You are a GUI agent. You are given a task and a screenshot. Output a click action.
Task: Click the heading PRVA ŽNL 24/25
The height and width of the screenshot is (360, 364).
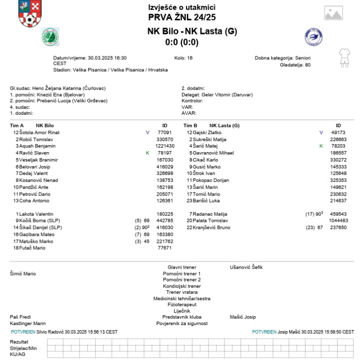(x=182, y=17)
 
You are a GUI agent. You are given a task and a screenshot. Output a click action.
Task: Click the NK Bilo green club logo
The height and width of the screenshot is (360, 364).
(x=50, y=36)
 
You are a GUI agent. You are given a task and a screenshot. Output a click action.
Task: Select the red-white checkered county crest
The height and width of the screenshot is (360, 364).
(x=29, y=13)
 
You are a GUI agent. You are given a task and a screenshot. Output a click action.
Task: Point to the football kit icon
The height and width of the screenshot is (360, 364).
(x=344, y=57)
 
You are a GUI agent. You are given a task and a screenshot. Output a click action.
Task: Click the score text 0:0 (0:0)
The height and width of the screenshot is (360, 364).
(x=182, y=42)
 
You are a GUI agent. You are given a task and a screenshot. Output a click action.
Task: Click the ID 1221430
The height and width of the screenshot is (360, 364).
(x=164, y=146)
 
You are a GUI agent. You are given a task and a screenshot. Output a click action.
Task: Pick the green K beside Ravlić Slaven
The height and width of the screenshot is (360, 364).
(x=148, y=153)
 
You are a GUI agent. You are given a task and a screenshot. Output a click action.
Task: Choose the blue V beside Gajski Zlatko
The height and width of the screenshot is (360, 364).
(x=321, y=133)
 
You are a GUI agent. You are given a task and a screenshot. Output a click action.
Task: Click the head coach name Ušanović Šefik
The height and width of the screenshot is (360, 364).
(x=246, y=267)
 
